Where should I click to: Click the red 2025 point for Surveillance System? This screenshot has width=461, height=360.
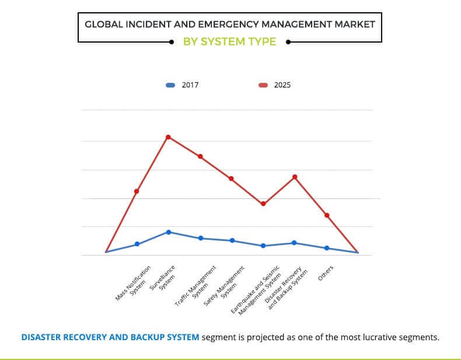click(x=168, y=137)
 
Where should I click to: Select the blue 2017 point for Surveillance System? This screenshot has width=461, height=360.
click(x=169, y=232)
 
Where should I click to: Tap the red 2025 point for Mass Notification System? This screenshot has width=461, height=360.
click(x=137, y=191)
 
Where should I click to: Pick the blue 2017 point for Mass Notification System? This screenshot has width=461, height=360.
click(x=137, y=244)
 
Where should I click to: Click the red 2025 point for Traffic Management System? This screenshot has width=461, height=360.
click(x=200, y=156)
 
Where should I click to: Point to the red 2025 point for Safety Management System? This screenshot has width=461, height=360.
click(x=231, y=179)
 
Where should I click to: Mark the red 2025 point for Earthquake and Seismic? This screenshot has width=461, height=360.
click(x=263, y=204)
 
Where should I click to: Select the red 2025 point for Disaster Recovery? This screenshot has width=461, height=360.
click(x=295, y=177)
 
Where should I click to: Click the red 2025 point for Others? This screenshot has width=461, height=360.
click(x=327, y=215)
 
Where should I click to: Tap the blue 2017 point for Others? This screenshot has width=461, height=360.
click(x=327, y=248)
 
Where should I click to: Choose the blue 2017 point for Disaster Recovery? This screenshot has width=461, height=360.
click(x=294, y=243)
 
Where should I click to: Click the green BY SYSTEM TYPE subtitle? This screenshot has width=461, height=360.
click(x=230, y=42)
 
